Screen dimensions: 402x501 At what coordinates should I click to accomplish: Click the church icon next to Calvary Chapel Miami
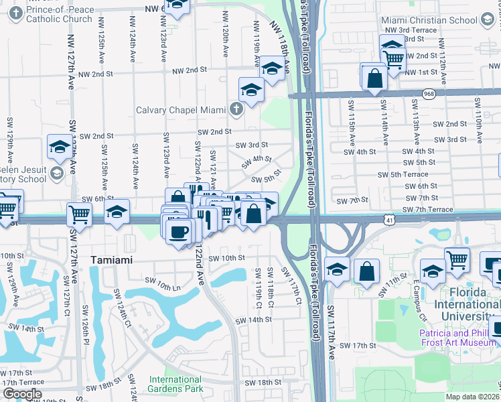[x=235, y=109]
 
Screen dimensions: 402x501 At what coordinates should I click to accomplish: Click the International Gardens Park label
[x=175, y=384]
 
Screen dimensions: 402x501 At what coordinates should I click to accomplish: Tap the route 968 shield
[x=429, y=95]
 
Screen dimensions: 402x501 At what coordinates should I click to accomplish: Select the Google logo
[x=22, y=394]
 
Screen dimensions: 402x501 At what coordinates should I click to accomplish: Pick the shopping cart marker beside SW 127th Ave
[x=78, y=215]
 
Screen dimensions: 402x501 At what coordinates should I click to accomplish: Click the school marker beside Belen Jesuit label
[x=59, y=147]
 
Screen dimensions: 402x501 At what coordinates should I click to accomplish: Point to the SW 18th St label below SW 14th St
[x=263, y=382]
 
